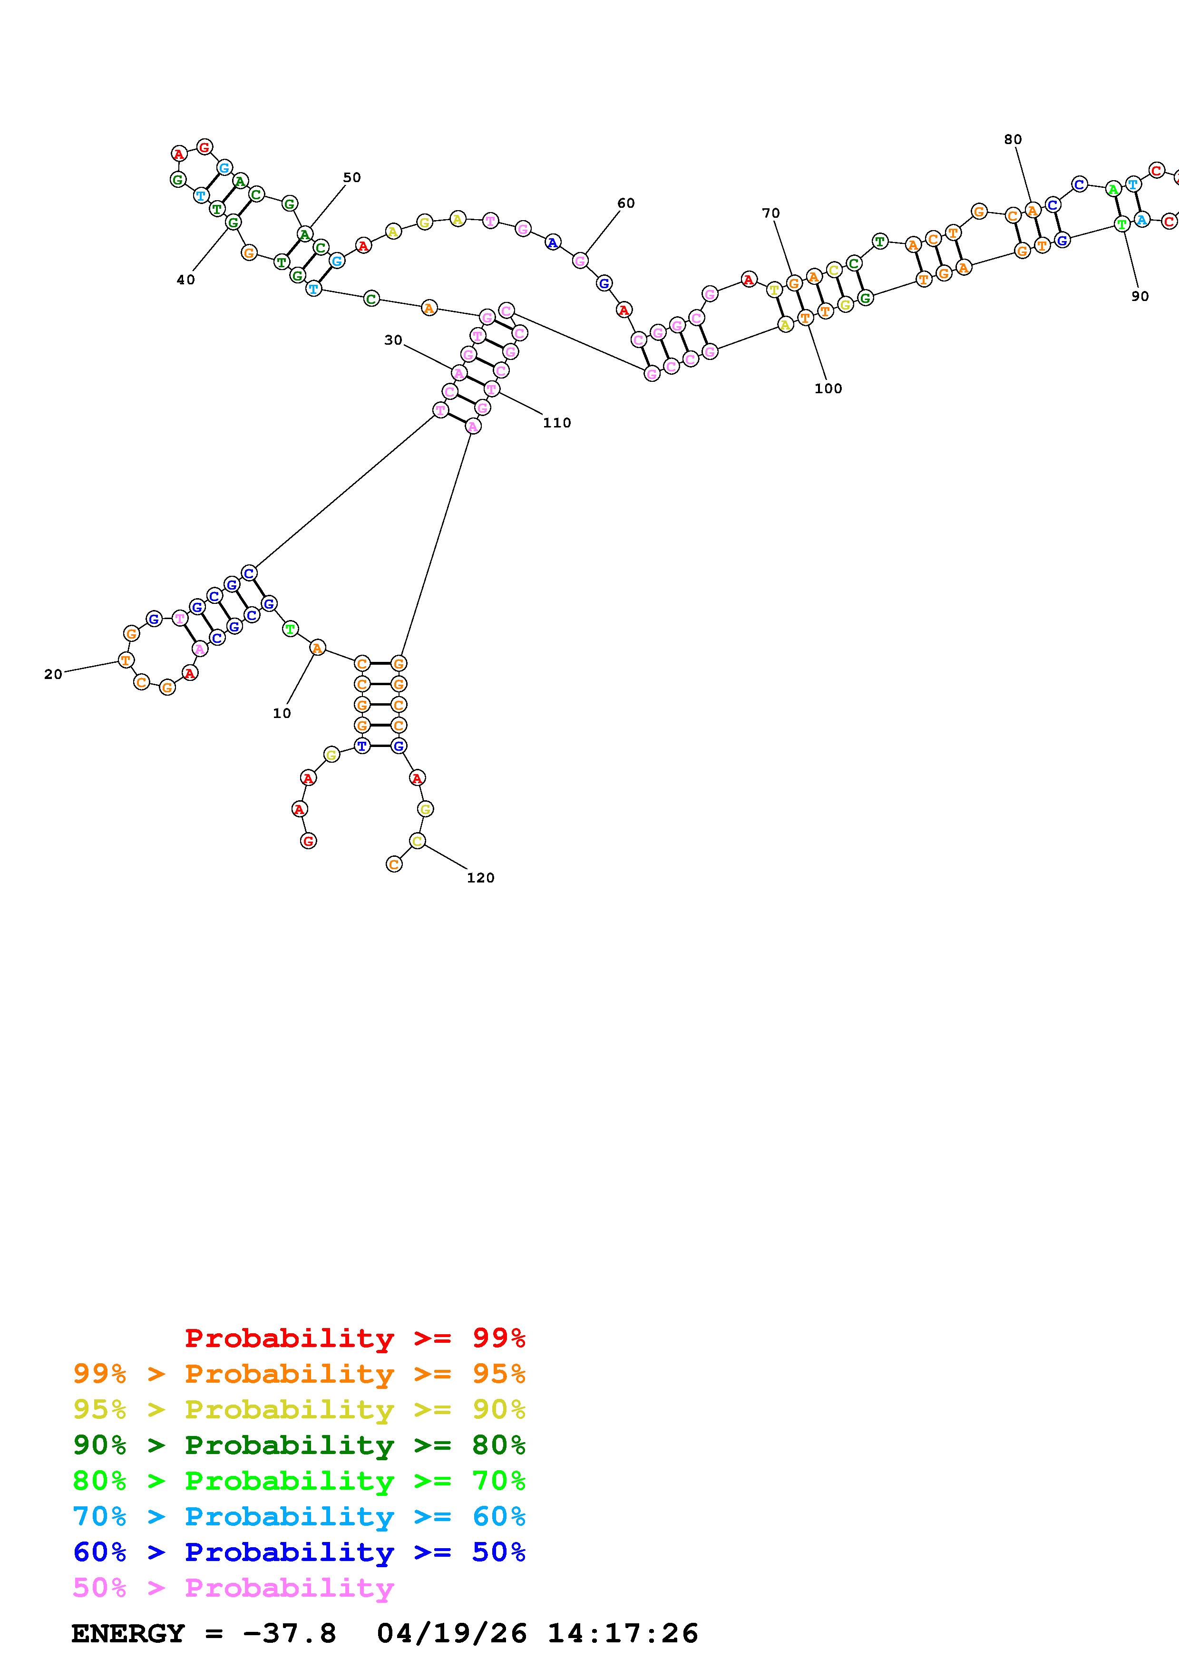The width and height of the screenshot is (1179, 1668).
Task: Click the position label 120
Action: pos(480,878)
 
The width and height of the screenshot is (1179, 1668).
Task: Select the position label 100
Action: pos(828,388)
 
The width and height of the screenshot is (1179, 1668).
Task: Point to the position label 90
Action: pos(1140,296)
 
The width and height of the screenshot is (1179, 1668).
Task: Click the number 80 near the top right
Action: pos(1013,139)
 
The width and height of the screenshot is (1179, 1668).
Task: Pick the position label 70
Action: pos(771,213)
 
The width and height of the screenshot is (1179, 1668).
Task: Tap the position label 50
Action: pos(351,177)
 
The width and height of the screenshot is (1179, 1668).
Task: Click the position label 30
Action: pos(393,340)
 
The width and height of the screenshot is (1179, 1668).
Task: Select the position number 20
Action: pos(53,674)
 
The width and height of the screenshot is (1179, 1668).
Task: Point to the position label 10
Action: pos(282,713)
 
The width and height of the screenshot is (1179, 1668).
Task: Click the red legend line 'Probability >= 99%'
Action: pos(354,1338)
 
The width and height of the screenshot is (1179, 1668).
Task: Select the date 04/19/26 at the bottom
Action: pos(452,1634)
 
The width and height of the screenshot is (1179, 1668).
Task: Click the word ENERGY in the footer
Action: pos(128,1634)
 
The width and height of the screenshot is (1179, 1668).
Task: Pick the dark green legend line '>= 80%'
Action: pos(299,1445)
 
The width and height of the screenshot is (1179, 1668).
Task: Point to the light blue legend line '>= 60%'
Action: pos(299,1516)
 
